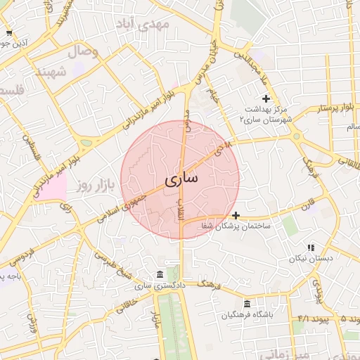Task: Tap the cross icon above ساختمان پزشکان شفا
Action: click(x=236, y=215)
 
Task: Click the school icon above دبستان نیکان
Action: click(x=310, y=247)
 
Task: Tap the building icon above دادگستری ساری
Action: click(x=161, y=274)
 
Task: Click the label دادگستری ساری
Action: click(x=153, y=285)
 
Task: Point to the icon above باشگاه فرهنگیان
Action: click(x=247, y=303)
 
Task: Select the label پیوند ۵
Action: click(x=349, y=319)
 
